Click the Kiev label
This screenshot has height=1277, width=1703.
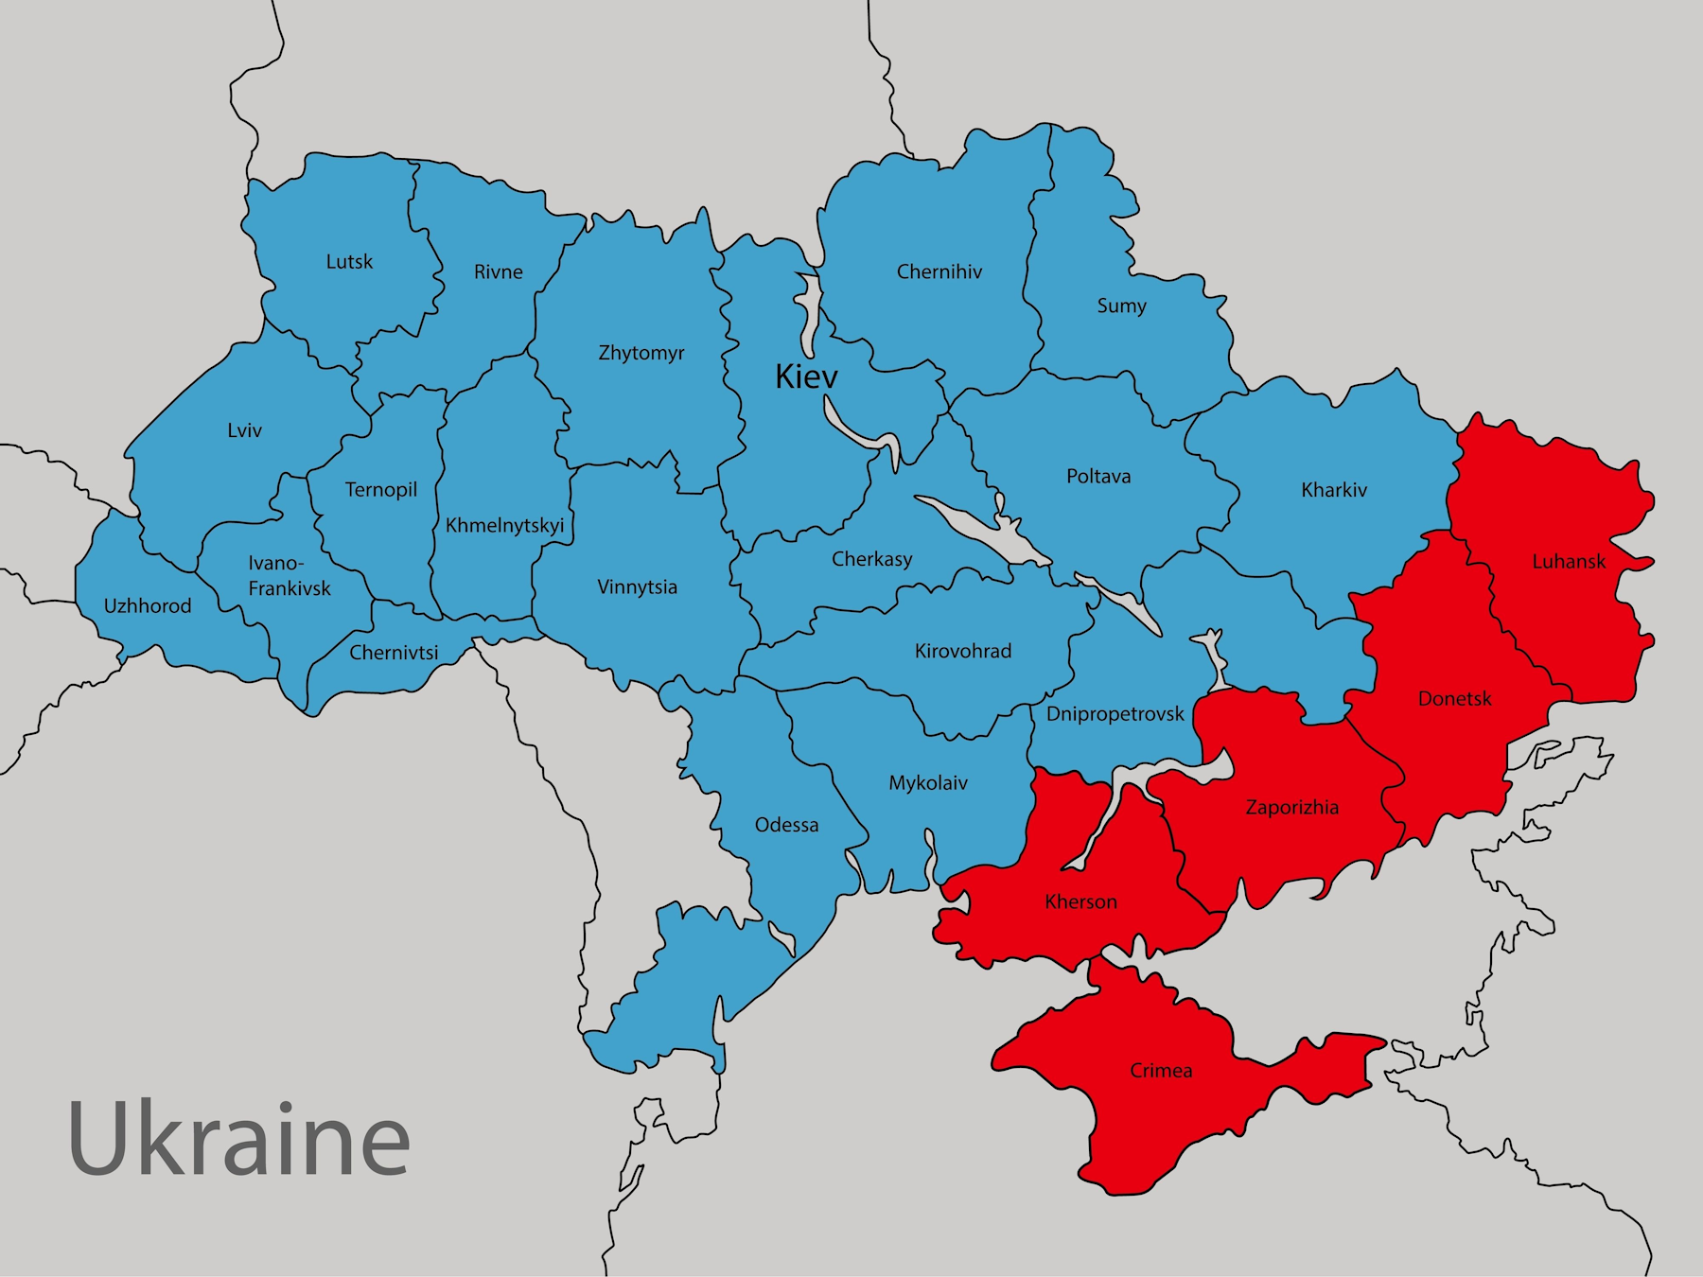806,377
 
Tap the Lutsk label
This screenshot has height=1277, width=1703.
349,262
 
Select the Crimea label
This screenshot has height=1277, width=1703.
1161,1071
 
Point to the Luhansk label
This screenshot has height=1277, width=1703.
1569,562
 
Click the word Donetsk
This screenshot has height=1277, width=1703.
1454,699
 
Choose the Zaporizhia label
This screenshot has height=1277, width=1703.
1291,808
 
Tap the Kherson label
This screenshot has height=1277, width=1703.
1080,902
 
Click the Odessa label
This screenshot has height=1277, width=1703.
786,826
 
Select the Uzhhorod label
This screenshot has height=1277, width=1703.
148,606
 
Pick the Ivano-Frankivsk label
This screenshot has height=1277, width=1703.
289,576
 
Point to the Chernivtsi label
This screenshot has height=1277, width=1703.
394,653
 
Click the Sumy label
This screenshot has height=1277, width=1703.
1121,306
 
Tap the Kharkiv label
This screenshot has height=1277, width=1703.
1333,490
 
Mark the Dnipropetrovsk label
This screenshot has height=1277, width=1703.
1115,714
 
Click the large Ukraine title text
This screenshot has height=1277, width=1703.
238,1139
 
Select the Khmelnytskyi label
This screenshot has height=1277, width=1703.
504,526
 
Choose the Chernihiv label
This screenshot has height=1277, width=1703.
939,272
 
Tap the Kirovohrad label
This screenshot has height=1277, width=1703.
962,652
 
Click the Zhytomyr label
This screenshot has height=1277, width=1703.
641,354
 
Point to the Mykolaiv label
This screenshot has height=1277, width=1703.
927,783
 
